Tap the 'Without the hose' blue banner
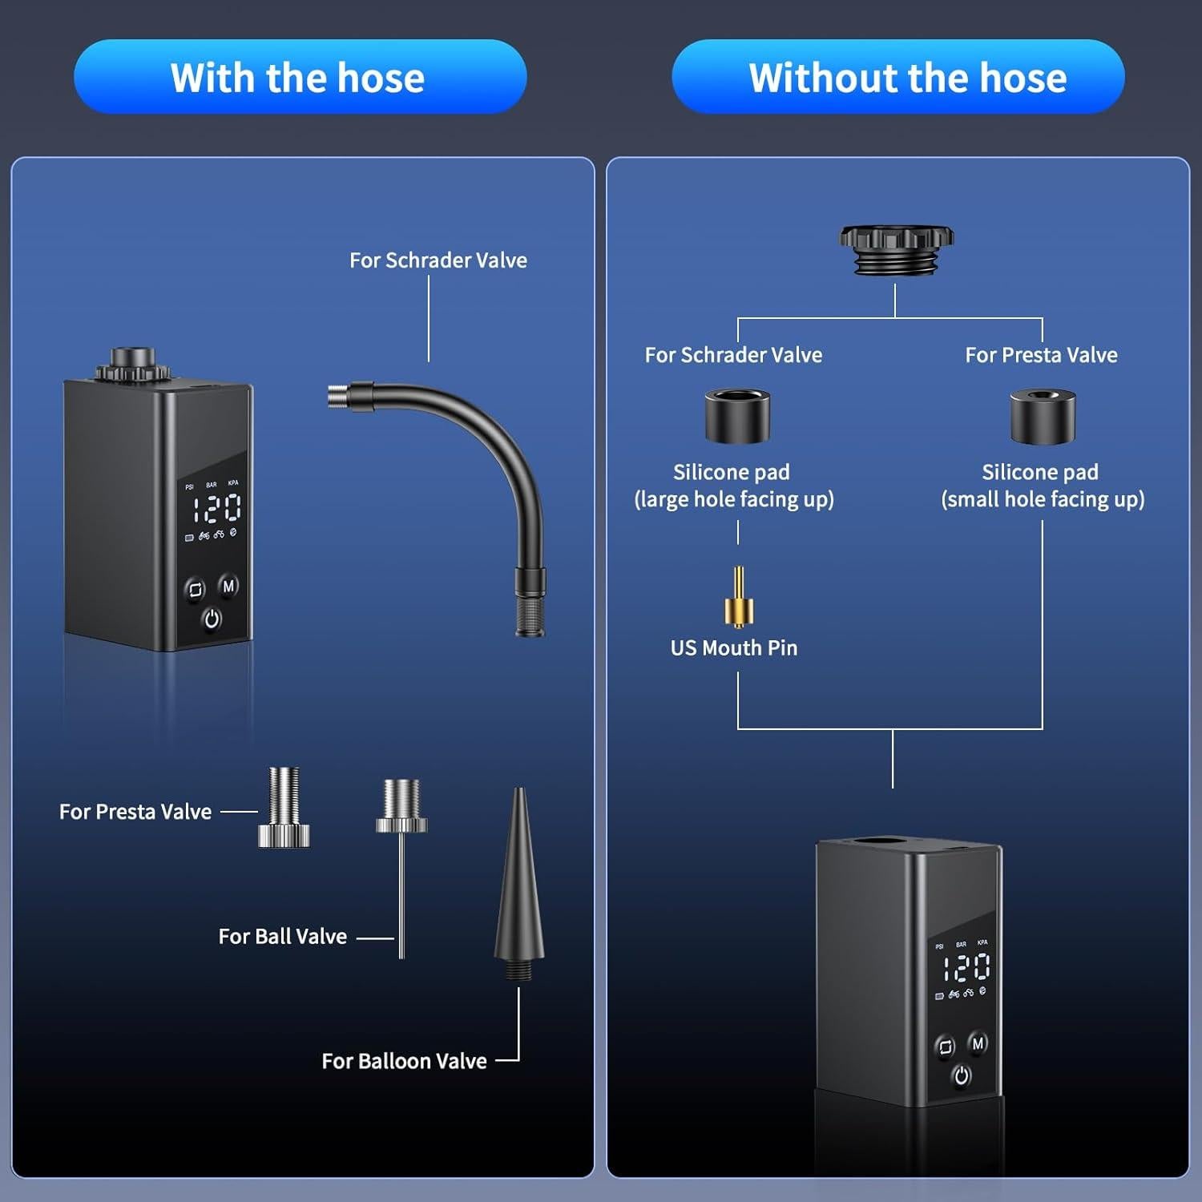tap(897, 78)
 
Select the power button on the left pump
tap(212, 619)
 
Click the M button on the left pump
tap(228, 586)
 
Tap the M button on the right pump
tap(978, 1043)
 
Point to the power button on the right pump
tap(962, 1075)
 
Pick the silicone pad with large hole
tap(737, 416)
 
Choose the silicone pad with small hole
tap(1042, 416)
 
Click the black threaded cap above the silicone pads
tap(896, 248)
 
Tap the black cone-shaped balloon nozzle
tap(519, 881)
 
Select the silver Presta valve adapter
tap(284, 807)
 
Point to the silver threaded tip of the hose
tap(339, 395)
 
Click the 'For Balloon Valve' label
tap(404, 1061)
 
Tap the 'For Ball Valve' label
tap(282, 936)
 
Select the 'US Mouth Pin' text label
tap(734, 647)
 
